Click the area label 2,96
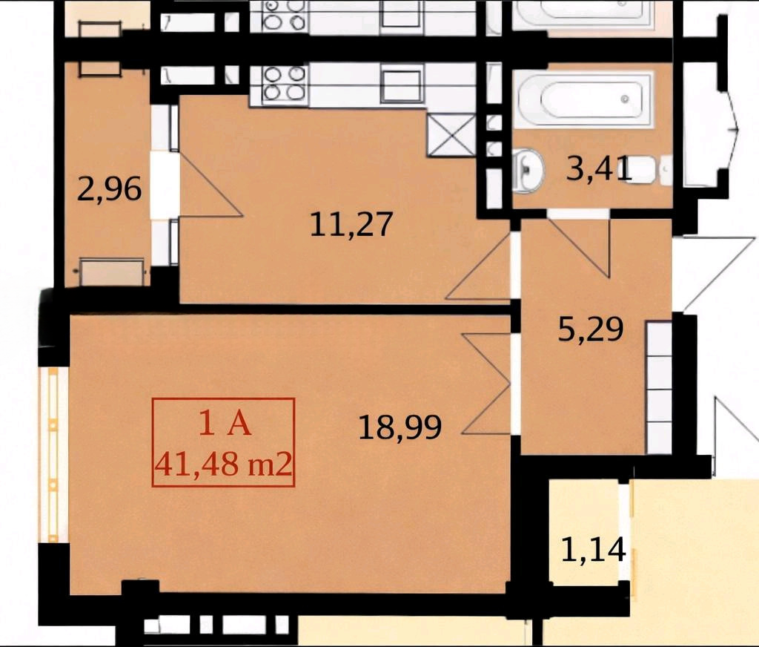pos(110,189)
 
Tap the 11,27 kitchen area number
pos(351,225)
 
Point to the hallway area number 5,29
pos(591,329)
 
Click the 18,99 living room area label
pos(400,427)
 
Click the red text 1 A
pos(225,425)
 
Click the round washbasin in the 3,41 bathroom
pos(528,170)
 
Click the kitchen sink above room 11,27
pos(402,86)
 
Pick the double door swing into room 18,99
pos(487,383)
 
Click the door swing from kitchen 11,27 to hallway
pos(478,266)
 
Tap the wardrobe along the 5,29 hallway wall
pos(658,388)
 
